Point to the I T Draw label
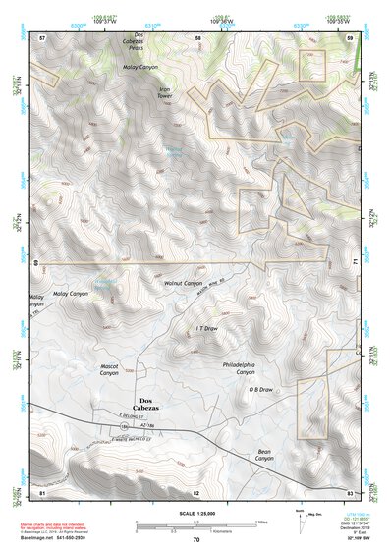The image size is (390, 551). (206, 329)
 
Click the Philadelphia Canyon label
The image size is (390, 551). (239, 367)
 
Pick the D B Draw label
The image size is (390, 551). (259, 390)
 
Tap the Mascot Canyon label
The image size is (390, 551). (109, 369)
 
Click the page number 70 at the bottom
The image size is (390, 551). (195, 539)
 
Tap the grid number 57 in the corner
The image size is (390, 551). (42, 36)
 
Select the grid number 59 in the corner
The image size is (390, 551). (350, 36)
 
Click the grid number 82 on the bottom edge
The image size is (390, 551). (195, 492)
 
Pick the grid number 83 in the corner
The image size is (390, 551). (350, 492)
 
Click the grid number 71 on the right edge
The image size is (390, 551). (351, 264)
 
